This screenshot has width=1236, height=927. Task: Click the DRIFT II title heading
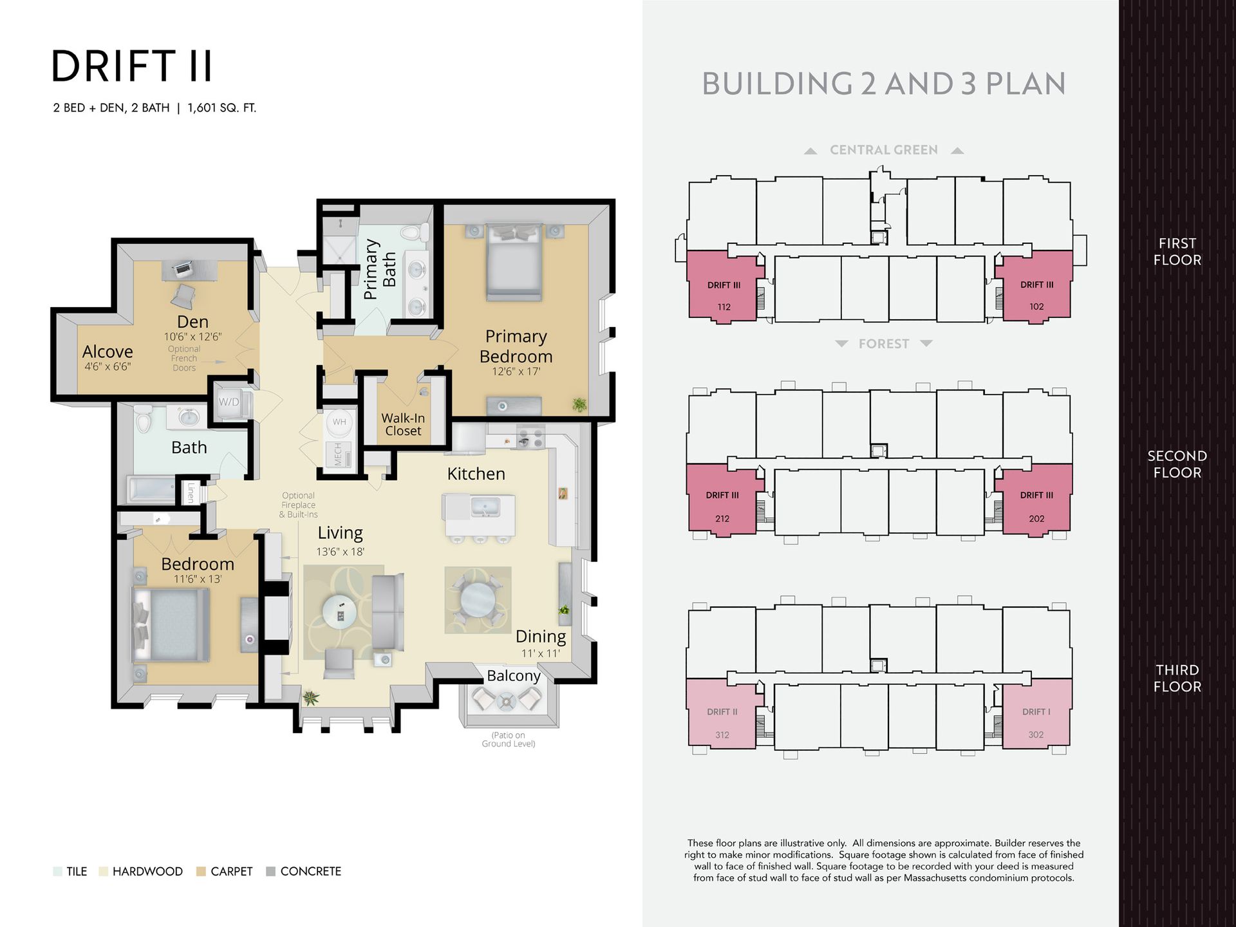click(131, 66)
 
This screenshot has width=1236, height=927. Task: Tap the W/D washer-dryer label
click(229, 402)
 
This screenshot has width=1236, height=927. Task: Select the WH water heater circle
click(339, 422)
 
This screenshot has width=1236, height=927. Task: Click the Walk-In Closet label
click(403, 424)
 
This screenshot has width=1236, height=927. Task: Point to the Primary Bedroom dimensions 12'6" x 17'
click(516, 371)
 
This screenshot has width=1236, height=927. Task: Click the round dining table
click(478, 599)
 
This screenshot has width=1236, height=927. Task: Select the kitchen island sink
click(485, 506)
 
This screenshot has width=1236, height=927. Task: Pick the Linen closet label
click(191, 492)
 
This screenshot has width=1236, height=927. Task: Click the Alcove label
click(108, 351)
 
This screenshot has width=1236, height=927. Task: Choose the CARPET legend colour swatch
click(201, 872)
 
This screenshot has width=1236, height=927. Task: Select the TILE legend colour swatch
click(57, 872)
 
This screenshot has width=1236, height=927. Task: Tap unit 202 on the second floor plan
click(1035, 500)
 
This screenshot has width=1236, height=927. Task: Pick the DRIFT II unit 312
click(722, 715)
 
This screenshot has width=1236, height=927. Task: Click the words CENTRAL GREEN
click(883, 150)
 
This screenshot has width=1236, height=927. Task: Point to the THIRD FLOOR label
click(1177, 678)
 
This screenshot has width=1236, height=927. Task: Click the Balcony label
click(514, 675)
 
